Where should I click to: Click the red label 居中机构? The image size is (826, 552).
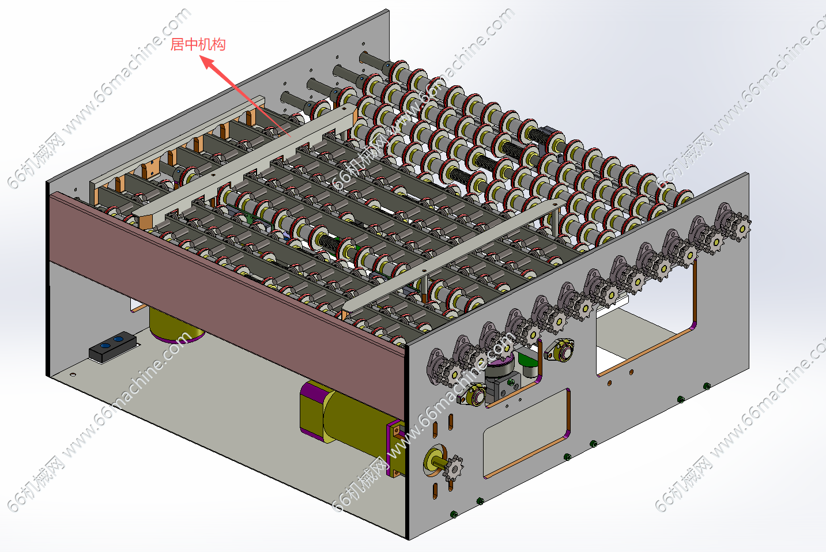[198, 44]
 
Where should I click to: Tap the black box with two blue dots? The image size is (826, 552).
[113, 346]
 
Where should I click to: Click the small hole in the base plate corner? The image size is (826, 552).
[73, 375]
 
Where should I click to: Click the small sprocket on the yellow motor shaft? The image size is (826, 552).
[454, 468]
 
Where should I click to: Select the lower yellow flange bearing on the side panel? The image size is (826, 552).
[472, 394]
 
